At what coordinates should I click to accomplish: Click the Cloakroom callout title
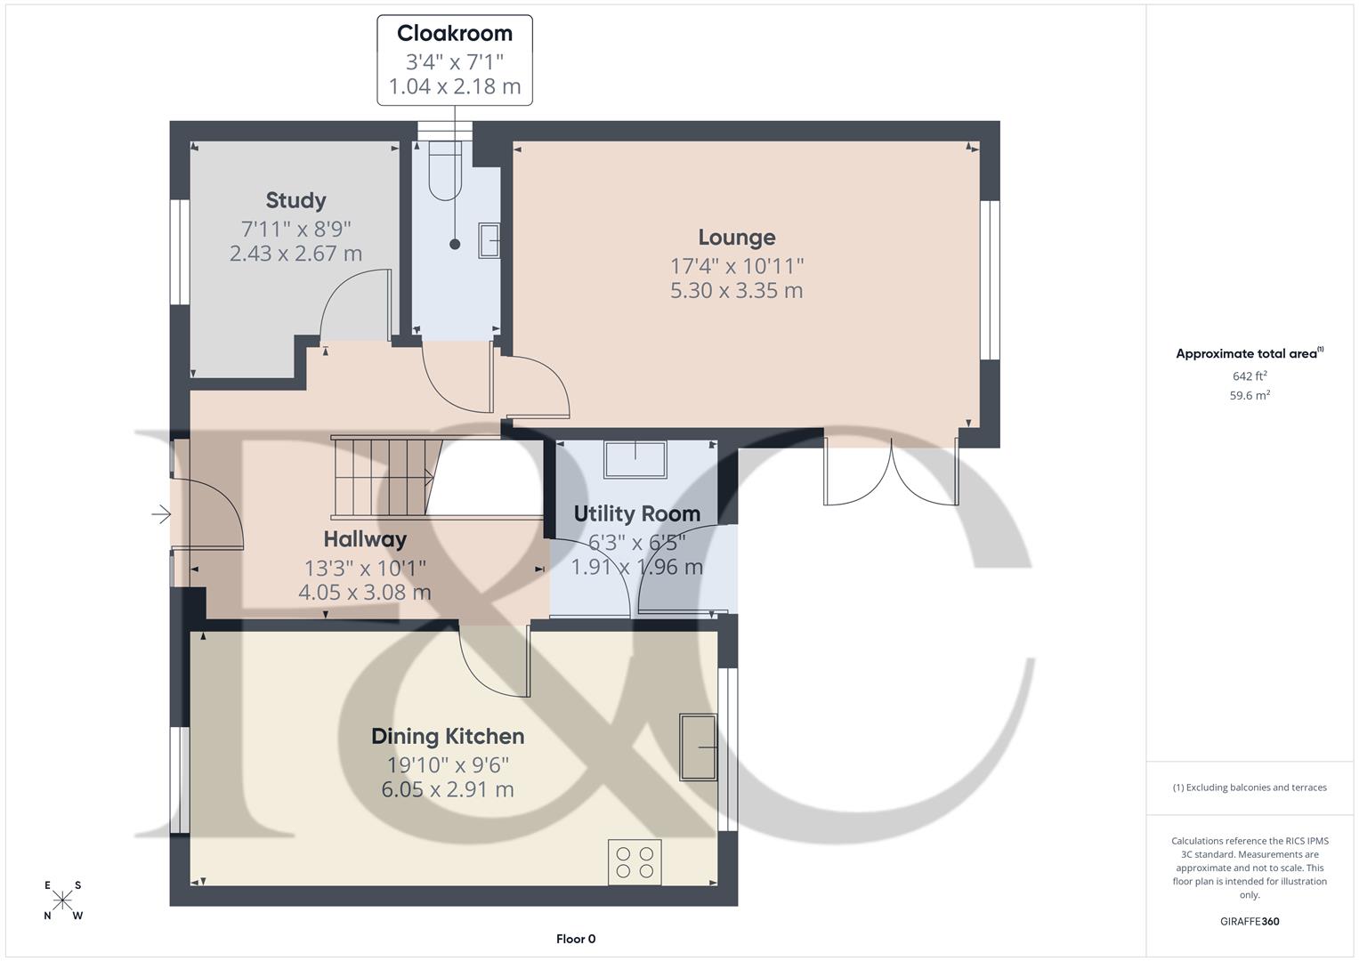454,34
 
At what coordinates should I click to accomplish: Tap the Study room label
295,200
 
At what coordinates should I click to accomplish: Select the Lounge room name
736,238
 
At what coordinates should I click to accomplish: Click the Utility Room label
636,513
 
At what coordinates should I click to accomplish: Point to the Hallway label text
365,539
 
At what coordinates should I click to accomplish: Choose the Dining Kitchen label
447,737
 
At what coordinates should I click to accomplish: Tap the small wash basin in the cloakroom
488,240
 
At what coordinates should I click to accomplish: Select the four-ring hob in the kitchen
635,861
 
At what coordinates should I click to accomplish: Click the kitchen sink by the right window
699,747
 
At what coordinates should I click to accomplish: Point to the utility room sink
635,459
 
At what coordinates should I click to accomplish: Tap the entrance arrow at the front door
161,514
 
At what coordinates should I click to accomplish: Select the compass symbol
62,900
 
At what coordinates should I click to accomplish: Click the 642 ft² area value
1249,376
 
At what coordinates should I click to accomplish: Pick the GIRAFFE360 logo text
1249,921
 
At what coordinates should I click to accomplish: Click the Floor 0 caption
575,939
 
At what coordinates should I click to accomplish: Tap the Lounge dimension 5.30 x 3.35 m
736,291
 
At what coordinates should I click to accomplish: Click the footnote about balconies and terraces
1249,787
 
